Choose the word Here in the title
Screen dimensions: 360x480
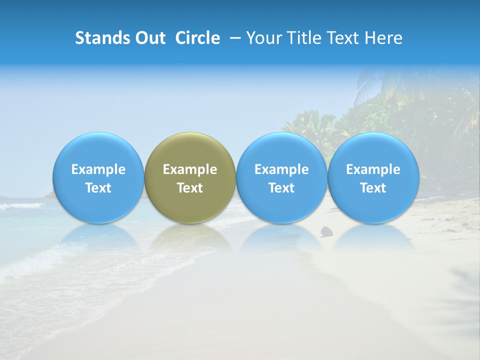click(x=382, y=38)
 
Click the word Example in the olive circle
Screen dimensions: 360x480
click(x=190, y=169)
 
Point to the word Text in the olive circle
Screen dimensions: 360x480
click(x=190, y=188)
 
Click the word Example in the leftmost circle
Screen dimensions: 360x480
click(x=98, y=169)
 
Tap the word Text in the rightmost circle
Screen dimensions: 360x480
click(x=373, y=188)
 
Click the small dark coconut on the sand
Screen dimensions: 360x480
click(x=327, y=231)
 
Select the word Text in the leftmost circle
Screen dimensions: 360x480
click(x=98, y=188)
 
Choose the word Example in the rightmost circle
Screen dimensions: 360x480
click(x=373, y=169)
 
